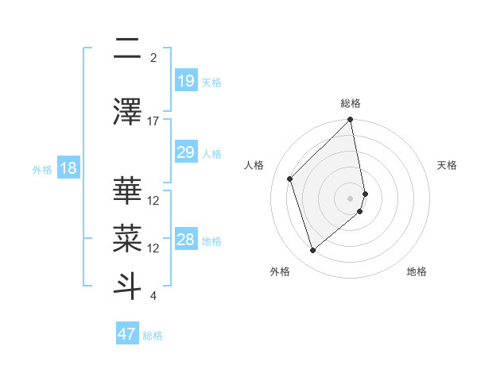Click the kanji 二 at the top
(x=127, y=49)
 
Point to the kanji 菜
(x=127, y=236)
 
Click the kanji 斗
(x=127, y=283)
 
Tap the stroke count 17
(x=153, y=121)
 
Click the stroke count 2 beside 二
(x=153, y=57)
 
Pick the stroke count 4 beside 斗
(x=153, y=296)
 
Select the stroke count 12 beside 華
(x=153, y=200)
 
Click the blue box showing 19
(x=185, y=80)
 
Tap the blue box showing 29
(x=185, y=152)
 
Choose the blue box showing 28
(x=185, y=240)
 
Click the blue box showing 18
(x=68, y=168)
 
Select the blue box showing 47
(x=127, y=334)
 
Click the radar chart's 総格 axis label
(x=351, y=103)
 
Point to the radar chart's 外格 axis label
(x=280, y=271)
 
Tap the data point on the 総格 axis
(x=351, y=121)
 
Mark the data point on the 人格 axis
(x=290, y=179)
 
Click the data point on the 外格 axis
(x=312, y=251)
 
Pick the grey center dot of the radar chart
(x=351, y=198)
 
